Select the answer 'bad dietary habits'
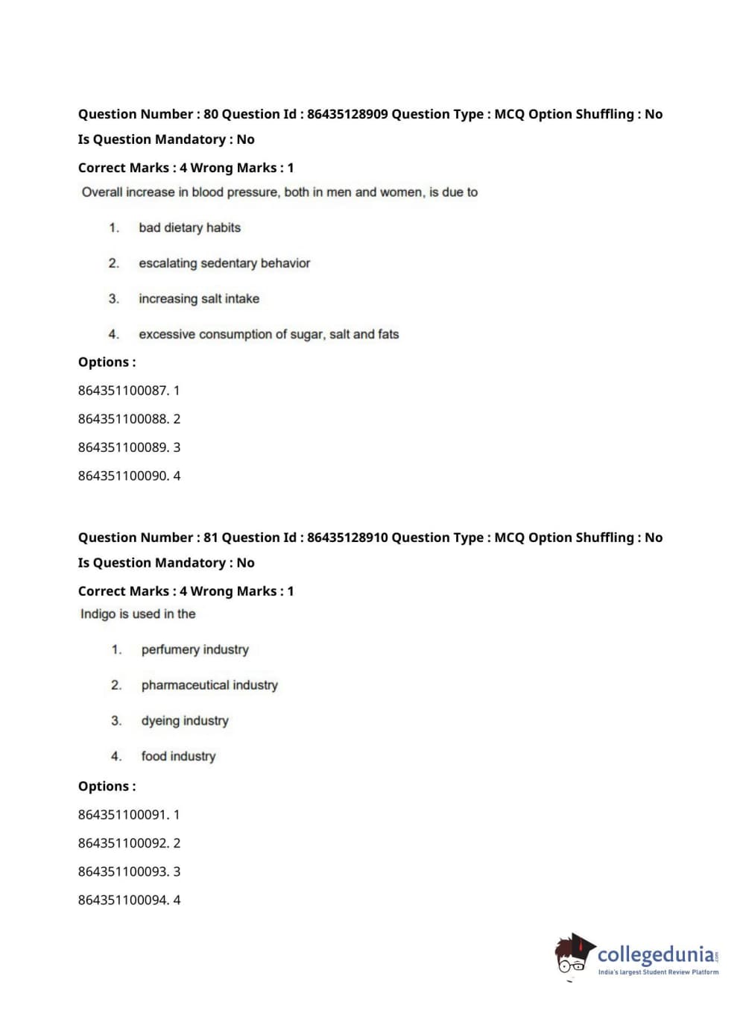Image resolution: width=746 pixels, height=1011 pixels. point(189,227)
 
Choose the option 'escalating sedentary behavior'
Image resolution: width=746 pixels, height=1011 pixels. point(224,263)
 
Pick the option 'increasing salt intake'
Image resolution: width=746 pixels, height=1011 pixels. point(198,299)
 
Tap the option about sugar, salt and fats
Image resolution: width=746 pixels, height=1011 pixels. point(268,334)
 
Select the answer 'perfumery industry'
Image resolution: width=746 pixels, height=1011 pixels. point(195,649)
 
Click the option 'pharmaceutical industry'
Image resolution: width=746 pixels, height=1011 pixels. point(209,685)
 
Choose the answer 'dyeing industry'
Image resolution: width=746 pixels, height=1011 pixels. point(185,721)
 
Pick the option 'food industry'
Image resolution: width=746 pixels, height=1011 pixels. point(178,756)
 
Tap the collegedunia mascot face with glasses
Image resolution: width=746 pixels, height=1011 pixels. point(572,957)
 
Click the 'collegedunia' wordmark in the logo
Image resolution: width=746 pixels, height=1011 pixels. point(655,954)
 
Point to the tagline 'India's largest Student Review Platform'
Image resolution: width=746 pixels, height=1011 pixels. point(658,972)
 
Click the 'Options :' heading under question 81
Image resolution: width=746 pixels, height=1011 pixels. point(107,787)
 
